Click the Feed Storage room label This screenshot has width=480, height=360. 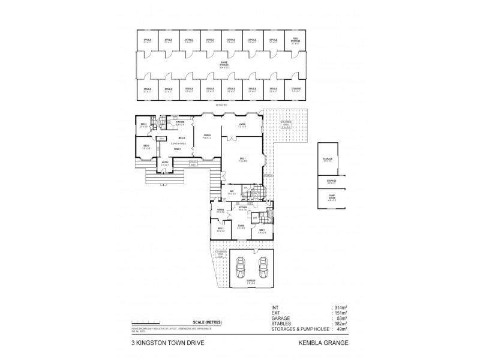click(x=295, y=41)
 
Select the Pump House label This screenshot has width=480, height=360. click(x=331, y=199)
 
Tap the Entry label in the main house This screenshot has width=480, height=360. click(x=164, y=163)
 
